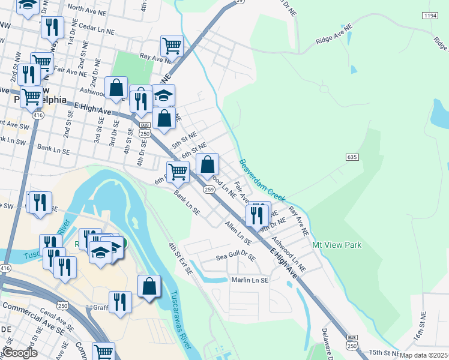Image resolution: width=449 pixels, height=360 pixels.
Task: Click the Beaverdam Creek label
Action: click(262, 180)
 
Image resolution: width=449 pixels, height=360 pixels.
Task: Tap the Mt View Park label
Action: click(337, 245)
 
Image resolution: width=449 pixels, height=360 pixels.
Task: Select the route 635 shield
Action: click(352, 157)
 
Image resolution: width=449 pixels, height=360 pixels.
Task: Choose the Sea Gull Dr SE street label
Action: click(236, 257)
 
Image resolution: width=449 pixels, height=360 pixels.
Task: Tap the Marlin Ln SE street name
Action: click(250, 280)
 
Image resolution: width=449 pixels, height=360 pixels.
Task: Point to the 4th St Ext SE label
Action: click(179, 259)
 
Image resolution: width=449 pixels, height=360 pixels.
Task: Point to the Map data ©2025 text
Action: click(424, 356)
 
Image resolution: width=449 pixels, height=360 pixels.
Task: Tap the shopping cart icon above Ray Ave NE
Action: click(172, 44)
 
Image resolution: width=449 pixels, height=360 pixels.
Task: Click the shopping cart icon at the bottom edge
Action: click(104, 351)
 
